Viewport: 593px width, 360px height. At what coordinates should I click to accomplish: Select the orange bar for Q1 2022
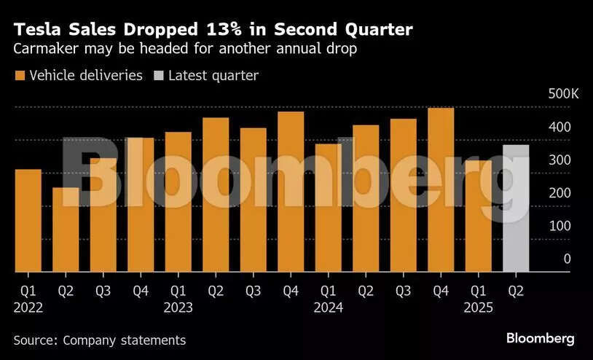pos(28,221)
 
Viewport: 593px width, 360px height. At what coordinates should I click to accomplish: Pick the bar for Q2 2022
pos(66,230)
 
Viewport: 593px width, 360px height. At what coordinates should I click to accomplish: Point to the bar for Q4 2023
pos(291,192)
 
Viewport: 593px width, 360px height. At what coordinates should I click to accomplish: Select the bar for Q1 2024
pos(328,208)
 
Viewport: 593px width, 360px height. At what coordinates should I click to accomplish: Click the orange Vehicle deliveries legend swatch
pos(20,76)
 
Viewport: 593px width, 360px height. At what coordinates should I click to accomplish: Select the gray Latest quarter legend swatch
pos(159,76)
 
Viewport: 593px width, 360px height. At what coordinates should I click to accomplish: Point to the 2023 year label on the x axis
pos(178,308)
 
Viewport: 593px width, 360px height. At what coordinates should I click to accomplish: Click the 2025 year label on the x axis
pos(478,308)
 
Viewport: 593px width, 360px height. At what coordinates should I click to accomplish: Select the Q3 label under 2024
pos(403,291)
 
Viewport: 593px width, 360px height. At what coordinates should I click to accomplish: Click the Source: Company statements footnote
pos(100,340)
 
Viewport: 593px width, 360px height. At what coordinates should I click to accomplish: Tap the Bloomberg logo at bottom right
pos(541,338)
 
